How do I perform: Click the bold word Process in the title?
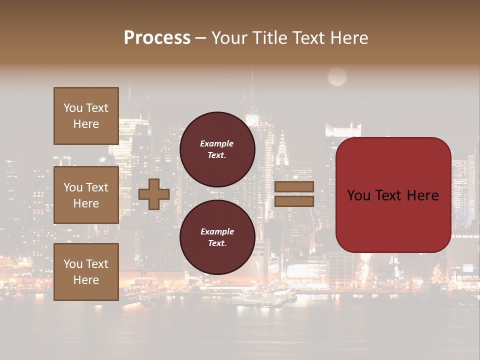pos(157,38)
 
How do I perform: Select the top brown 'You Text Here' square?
pos(86,116)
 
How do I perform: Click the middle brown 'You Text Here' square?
pos(86,195)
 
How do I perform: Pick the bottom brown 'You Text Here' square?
pos(86,272)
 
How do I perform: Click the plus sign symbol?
pos(153,194)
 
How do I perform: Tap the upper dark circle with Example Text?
pos(217,149)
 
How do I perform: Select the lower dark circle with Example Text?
pos(217,237)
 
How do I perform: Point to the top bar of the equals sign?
pos(294,187)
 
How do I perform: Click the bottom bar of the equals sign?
pos(294,201)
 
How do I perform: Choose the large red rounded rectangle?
pos(393,195)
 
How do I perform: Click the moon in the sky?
pos(337,76)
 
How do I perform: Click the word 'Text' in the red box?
pos(392,195)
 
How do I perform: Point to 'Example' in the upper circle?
pos(217,143)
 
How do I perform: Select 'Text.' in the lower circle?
pos(217,243)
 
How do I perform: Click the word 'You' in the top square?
pos(73,108)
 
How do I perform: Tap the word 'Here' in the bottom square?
pos(86,280)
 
